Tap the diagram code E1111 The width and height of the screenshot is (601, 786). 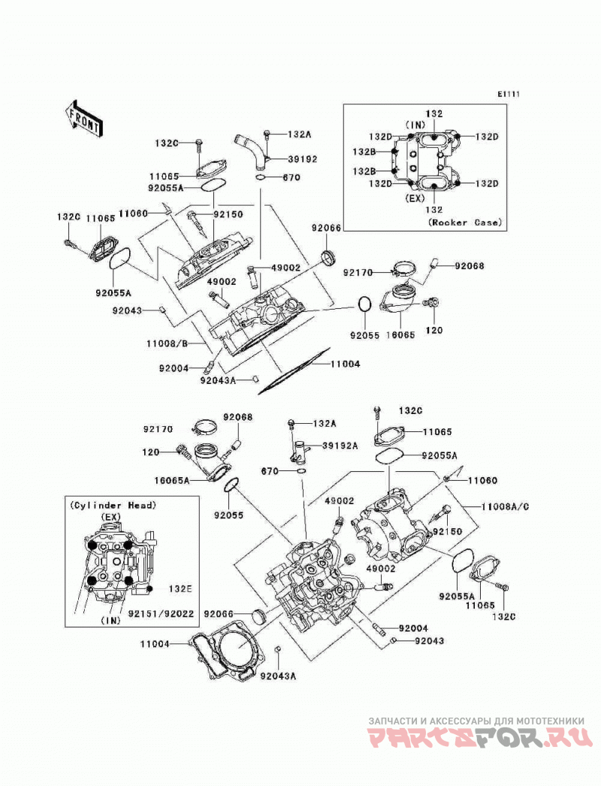pos(509,94)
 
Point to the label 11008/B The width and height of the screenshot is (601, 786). pos(167,344)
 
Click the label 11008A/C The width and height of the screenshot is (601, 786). pos(505,506)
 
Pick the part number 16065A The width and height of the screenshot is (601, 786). pos(172,480)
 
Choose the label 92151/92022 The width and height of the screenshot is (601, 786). pos(161,613)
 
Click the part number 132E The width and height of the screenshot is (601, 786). pos(180,589)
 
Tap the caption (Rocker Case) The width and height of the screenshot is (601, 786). pos(465,222)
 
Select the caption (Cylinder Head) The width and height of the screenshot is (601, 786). pos(113,505)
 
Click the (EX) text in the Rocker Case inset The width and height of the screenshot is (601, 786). pos(414,198)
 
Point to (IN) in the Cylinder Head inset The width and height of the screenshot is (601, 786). pos(110,621)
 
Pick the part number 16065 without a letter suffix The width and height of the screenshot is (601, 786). pos(400,334)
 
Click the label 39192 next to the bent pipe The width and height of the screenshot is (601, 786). pos(302,159)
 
